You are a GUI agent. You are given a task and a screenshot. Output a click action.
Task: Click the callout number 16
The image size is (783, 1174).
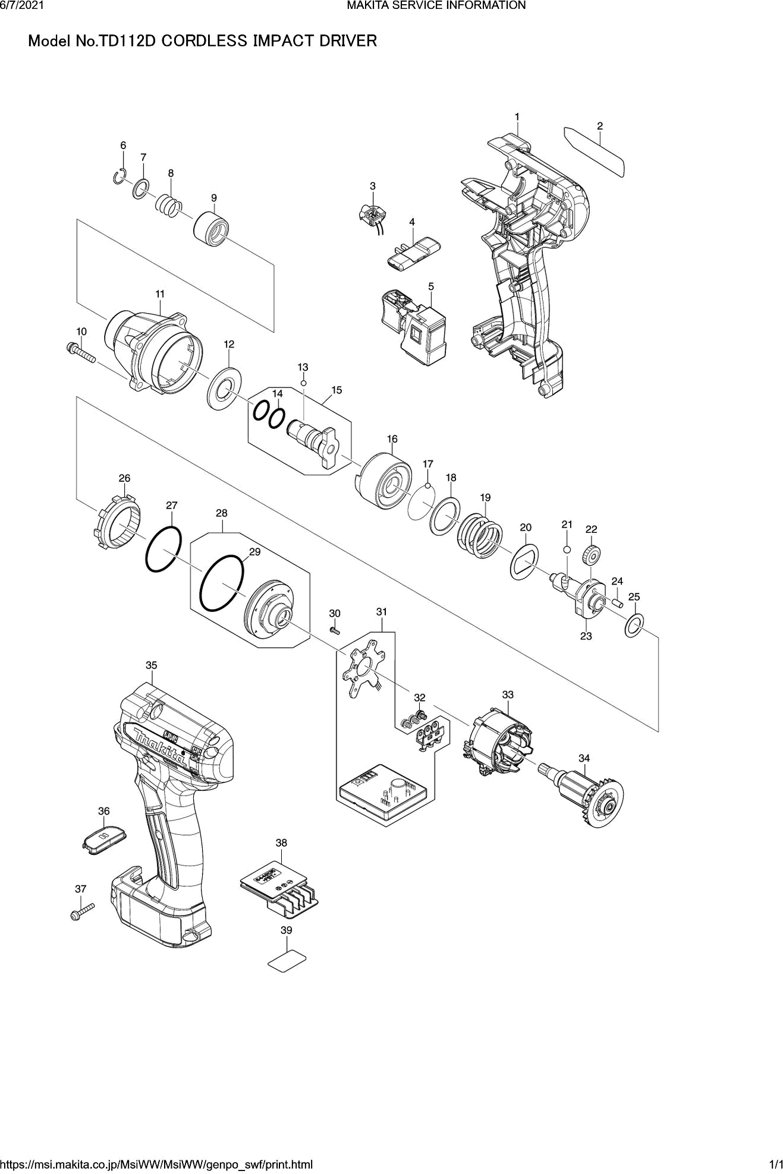click(392, 439)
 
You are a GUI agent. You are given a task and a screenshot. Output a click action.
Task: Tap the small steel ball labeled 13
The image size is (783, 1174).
click(303, 383)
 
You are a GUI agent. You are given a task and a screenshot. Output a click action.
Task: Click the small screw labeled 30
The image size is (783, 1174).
click(334, 629)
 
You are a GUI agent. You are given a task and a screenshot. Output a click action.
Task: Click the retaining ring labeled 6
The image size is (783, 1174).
click(120, 176)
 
